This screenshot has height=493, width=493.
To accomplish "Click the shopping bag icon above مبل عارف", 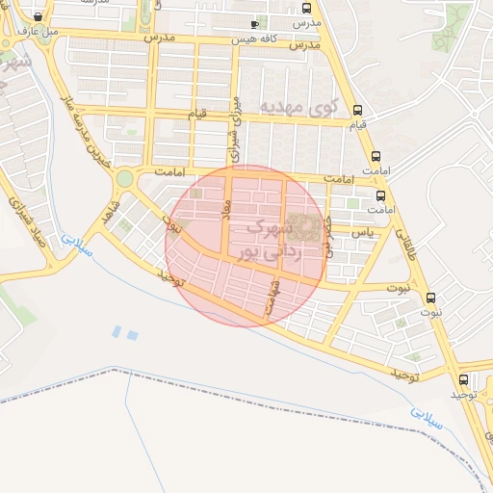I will pos(38,17).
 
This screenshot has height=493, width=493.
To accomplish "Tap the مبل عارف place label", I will pos(38,30).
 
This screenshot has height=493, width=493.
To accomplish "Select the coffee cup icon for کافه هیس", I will pos(254,25).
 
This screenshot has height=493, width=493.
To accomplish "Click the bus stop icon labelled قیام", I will pos(358,110).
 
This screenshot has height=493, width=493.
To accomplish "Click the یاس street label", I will pos(362,233).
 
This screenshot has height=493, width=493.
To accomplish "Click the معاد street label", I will pos(227,209).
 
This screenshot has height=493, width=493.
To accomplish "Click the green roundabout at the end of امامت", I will pos(124,178).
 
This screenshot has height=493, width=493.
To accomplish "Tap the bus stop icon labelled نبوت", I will pos(430,298).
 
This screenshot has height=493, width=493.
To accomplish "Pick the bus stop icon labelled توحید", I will pos(464,380).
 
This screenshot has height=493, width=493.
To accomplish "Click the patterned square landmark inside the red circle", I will pos(305,227).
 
